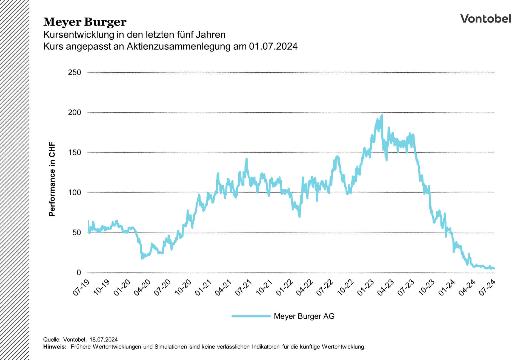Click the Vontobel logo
click(485, 19)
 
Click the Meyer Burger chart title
click(85, 22)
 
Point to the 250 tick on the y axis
click(75, 73)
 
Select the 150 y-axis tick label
click(75, 153)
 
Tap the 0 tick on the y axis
click(79, 273)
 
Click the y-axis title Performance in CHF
click(52, 179)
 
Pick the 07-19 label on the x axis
click(81, 288)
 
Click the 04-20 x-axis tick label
click(142, 288)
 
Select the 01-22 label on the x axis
click(284, 288)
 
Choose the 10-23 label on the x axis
click(427, 288)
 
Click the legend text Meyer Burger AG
click(304, 316)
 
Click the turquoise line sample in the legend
click(251, 316)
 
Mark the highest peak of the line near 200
click(382, 115)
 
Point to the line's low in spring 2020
click(142, 258)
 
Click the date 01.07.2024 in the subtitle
click(273, 46)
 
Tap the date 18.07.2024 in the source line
click(104, 340)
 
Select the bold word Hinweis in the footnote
click(55, 347)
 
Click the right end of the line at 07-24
click(494, 268)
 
